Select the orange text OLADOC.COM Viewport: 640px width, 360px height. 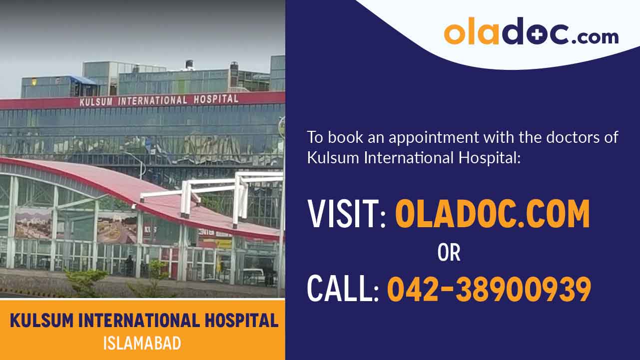[492, 214]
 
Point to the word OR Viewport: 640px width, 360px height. [449, 253]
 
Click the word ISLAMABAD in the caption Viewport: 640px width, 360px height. [142, 344]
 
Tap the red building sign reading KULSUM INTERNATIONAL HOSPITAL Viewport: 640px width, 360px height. [159, 100]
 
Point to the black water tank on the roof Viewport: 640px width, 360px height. [189, 64]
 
